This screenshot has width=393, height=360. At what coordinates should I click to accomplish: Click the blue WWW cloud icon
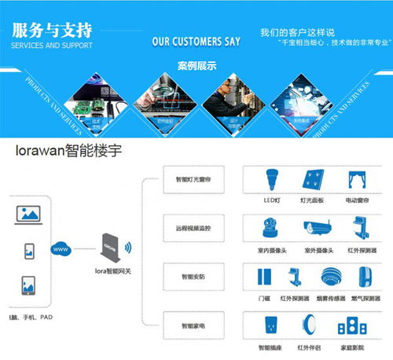[x=61, y=250]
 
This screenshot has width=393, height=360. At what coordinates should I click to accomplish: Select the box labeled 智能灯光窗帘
[x=193, y=180]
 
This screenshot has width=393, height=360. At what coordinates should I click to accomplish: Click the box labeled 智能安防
[x=193, y=276]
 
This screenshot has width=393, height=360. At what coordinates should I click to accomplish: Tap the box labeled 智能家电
[x=193, y=324]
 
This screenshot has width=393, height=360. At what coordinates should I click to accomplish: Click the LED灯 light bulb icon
[x=271, y=180]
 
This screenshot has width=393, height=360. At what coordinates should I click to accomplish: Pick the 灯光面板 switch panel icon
[x=313, y=180]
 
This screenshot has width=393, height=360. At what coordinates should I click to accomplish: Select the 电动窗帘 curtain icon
[x=358, y=180]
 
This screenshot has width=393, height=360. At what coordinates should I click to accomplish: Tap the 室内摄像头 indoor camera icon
[x=271, y=229]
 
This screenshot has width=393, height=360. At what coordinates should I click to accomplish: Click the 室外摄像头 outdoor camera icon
[x=314, y=229]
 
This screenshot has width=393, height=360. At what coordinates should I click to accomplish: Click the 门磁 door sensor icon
[x=265, y=277]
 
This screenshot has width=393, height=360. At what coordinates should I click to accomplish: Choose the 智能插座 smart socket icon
[x=271, y=325]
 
